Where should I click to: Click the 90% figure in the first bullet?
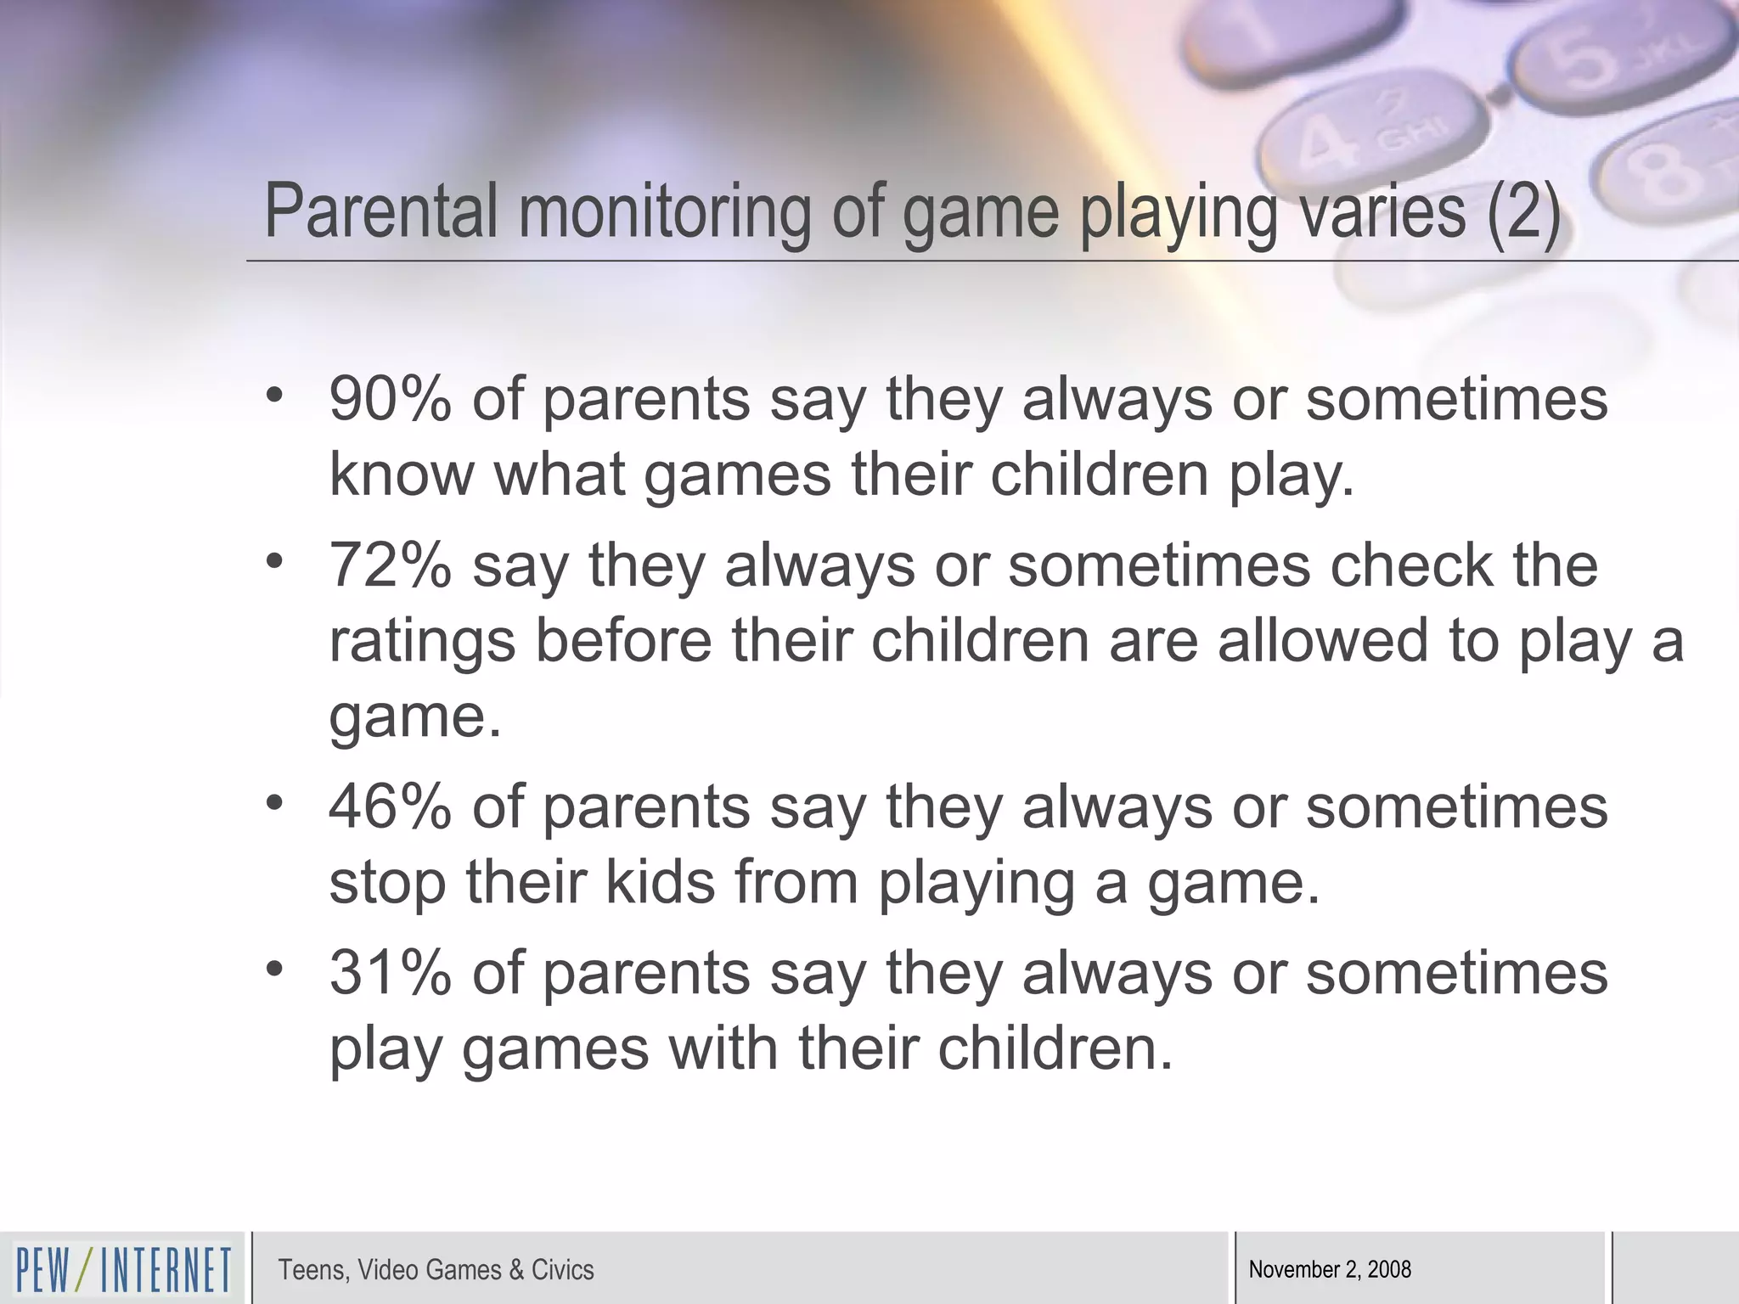[390, 399]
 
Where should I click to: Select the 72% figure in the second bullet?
[390, 565]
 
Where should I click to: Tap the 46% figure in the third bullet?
[390, 807]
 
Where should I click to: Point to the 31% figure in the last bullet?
[390, 973]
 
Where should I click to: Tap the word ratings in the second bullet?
[422, 642]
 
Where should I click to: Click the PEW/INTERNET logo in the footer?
[123, 1270]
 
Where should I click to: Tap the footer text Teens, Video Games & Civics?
[436, 1270]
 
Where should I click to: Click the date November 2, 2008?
[1330, 1270]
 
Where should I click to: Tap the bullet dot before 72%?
[273, 561]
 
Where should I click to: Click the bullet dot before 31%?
[273, 969]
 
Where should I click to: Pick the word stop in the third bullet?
[387, 884]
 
